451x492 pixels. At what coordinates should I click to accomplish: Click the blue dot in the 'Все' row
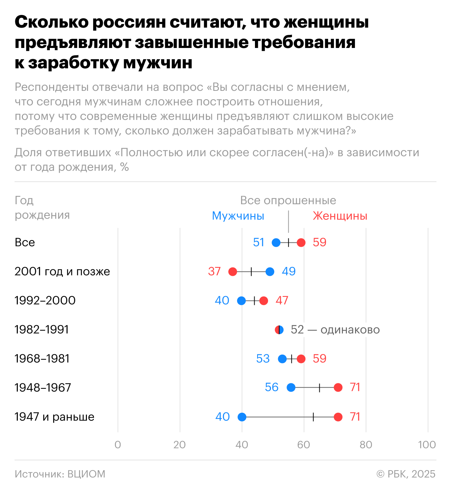pos(276,243)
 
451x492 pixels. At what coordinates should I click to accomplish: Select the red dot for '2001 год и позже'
pos(233,272)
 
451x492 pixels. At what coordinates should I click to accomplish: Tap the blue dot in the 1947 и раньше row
pos(242,417)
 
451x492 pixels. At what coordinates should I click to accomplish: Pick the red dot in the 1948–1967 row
pos(338,388)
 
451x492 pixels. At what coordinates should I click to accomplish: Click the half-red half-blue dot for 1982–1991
pos(279,330)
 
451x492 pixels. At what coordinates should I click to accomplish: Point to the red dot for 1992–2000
pos(264,301)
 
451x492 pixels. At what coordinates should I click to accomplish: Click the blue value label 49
pos(289,271)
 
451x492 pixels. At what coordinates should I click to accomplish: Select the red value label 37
pos(215,271)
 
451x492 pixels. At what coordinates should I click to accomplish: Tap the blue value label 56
pos(272,387)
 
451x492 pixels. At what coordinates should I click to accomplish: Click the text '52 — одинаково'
pos(335,330)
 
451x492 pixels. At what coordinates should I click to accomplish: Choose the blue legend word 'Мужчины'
pos(238,216)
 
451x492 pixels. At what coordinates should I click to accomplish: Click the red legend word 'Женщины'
pos(340,216)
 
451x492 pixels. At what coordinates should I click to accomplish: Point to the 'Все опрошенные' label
pos(288,201)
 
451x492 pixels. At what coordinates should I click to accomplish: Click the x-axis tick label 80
pos(366,445)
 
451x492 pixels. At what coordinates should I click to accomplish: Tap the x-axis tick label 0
pos(118,445)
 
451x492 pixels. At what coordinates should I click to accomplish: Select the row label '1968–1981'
pos(42,359)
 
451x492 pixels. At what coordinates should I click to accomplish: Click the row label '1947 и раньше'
pos(55,417)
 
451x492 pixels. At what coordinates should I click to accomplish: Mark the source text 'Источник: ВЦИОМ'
pos(60,474)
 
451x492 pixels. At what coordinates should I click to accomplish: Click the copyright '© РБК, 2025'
pos(406,474)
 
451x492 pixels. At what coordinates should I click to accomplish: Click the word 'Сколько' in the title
pos(52,23)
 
